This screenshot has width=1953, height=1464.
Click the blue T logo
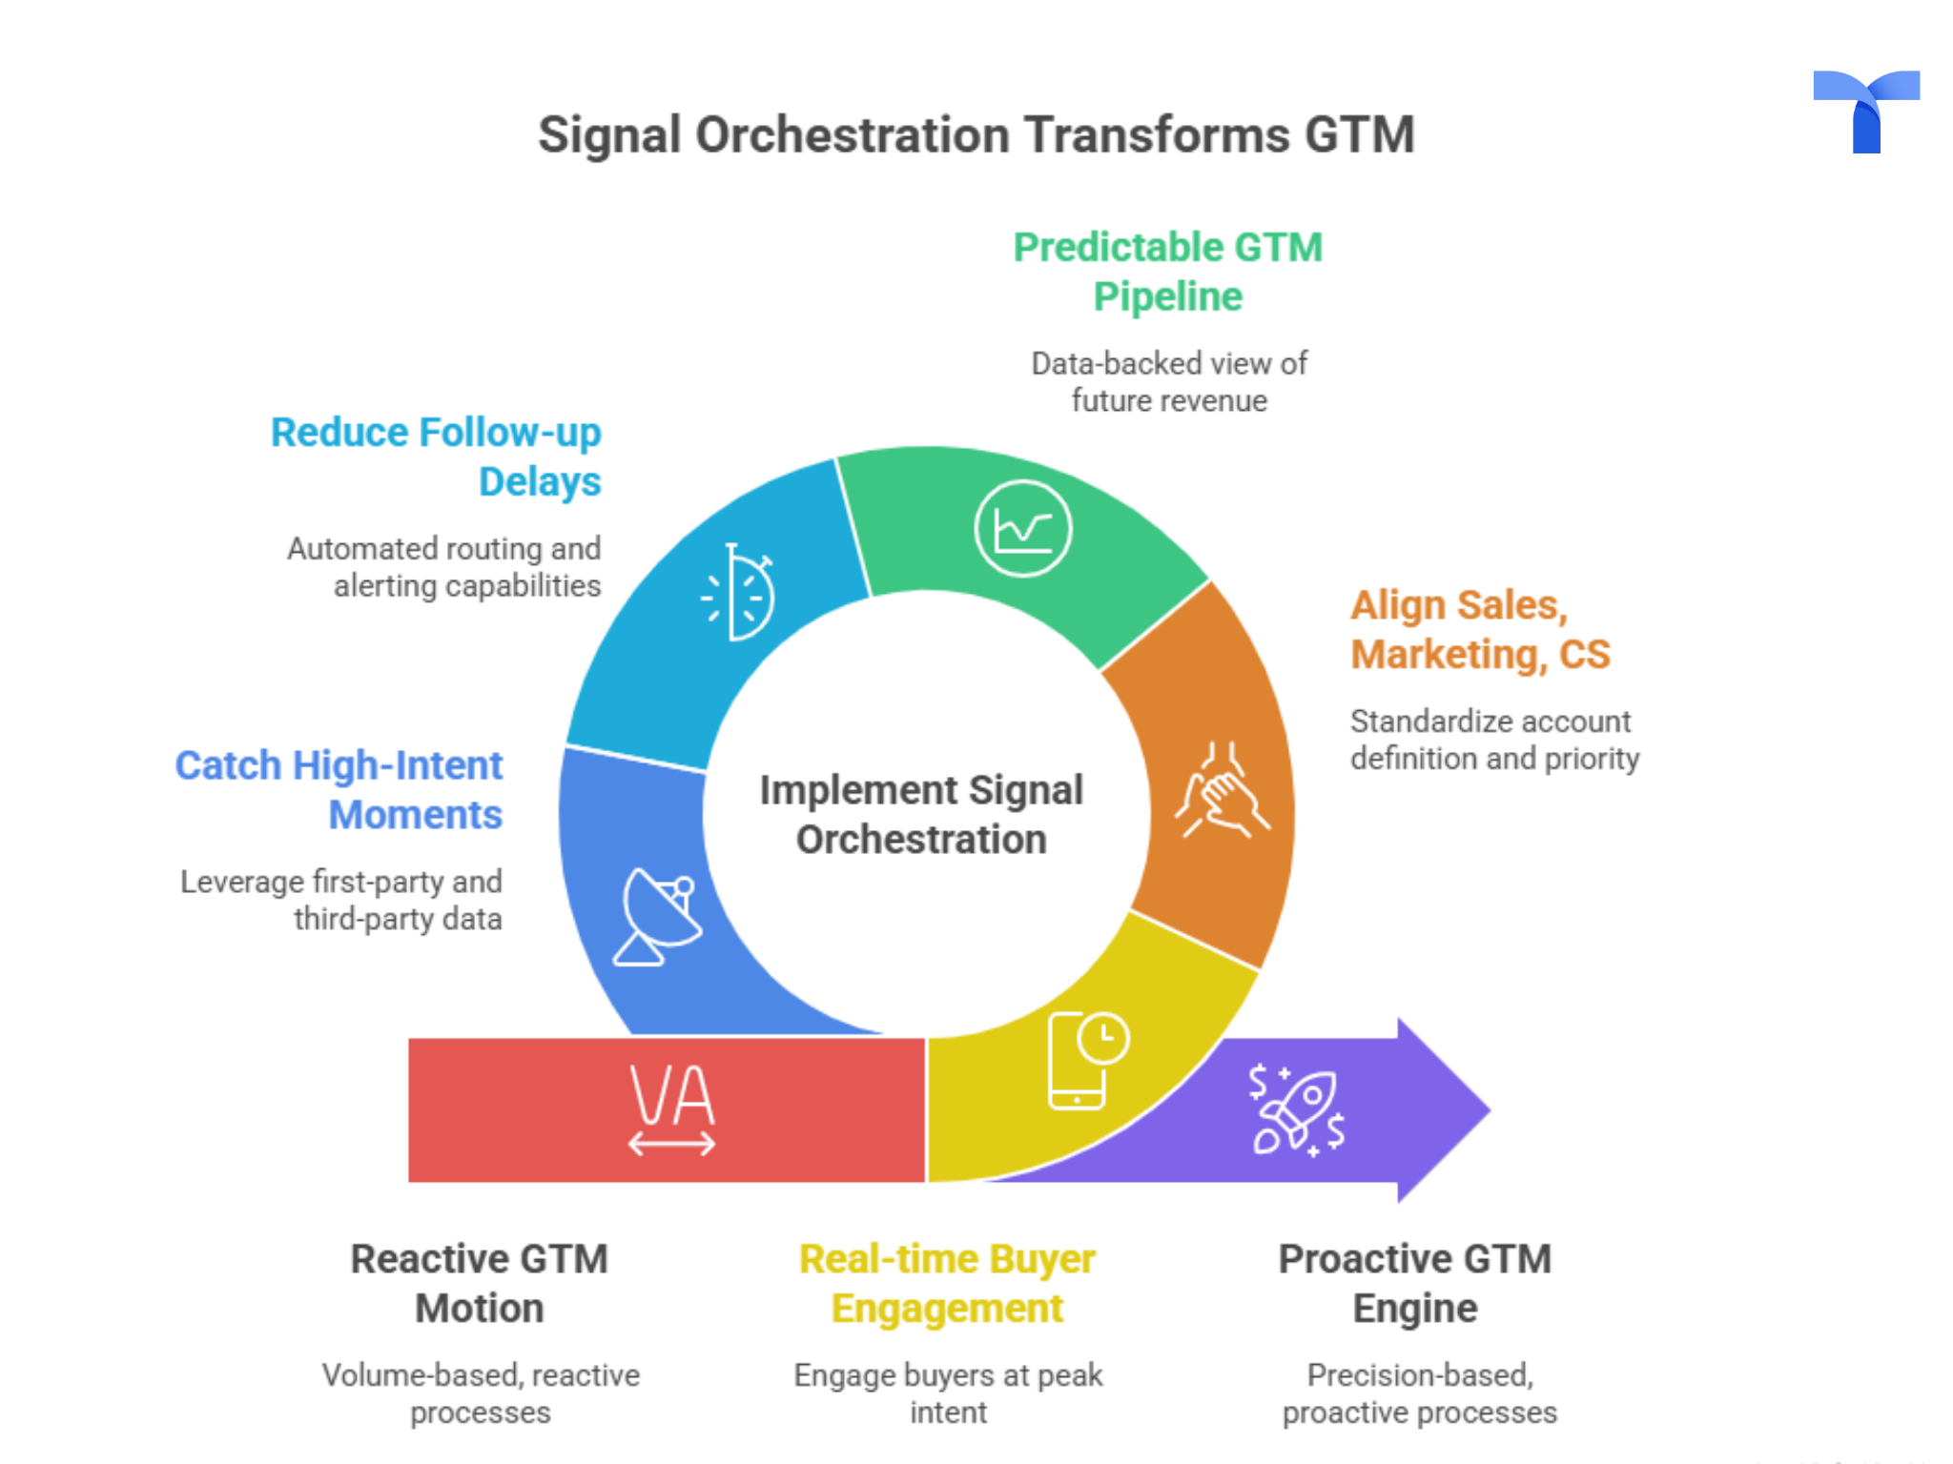tap(1865, 111)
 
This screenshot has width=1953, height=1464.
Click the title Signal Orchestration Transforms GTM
tap(976, 134)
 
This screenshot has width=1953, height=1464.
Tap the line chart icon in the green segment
tap(1022, 528)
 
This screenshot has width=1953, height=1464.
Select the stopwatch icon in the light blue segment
tap(738, 593)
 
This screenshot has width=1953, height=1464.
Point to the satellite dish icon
tap(659, 916)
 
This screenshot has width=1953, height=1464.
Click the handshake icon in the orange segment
tap(1222, 790)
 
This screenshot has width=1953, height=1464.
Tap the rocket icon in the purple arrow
tap(1298, 1110)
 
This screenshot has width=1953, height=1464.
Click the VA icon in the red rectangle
tap(671, 1108)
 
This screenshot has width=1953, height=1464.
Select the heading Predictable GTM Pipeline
tap(1167, 272)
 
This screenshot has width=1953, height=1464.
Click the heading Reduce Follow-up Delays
tap(436, 457)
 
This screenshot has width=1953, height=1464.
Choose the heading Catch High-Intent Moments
tap(339, 790)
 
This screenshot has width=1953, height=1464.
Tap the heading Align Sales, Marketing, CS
tap(1479, 629)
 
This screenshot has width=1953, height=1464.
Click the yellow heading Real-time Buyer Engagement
tap(947, 1283)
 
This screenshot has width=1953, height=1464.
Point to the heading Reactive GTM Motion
tap(479, 1283)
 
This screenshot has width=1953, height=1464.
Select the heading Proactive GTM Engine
tap(1415, 1283)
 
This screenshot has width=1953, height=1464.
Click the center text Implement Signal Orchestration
tap(921, 814)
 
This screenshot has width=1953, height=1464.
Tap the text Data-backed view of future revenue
tap(1169, 381)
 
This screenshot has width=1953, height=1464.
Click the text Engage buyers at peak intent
tap(948, 1393)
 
